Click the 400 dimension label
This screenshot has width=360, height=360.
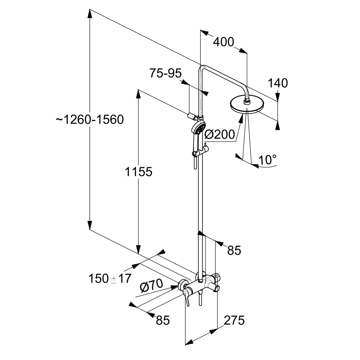(x=224, y=42)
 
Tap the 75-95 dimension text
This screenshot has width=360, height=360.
(x=166, y=73)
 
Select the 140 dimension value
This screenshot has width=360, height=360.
(x=278, y=83)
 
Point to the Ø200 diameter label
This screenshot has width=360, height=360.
(x=220, y=135)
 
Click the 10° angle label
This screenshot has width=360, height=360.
(x=267, y=160)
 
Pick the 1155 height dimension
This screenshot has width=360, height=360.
(x=138, y=172)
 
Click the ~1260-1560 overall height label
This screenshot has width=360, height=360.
(x=90, y=120)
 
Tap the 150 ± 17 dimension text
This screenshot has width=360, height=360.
(x=110, y=279)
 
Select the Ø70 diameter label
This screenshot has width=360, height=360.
(x=151, y=286)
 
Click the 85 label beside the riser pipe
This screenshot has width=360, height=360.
(x=234, y=250)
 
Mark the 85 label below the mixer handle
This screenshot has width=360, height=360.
(x=163, y=320)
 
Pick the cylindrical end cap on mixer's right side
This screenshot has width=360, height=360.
(x=216, y=287)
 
